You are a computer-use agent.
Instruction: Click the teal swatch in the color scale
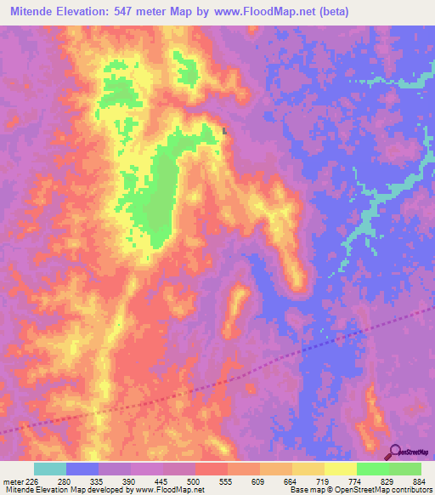(49, 469)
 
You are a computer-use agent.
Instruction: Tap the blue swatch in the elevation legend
(82, 469)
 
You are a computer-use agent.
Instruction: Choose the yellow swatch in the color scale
(340, 469)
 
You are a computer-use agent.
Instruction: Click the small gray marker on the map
(223, 131)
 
